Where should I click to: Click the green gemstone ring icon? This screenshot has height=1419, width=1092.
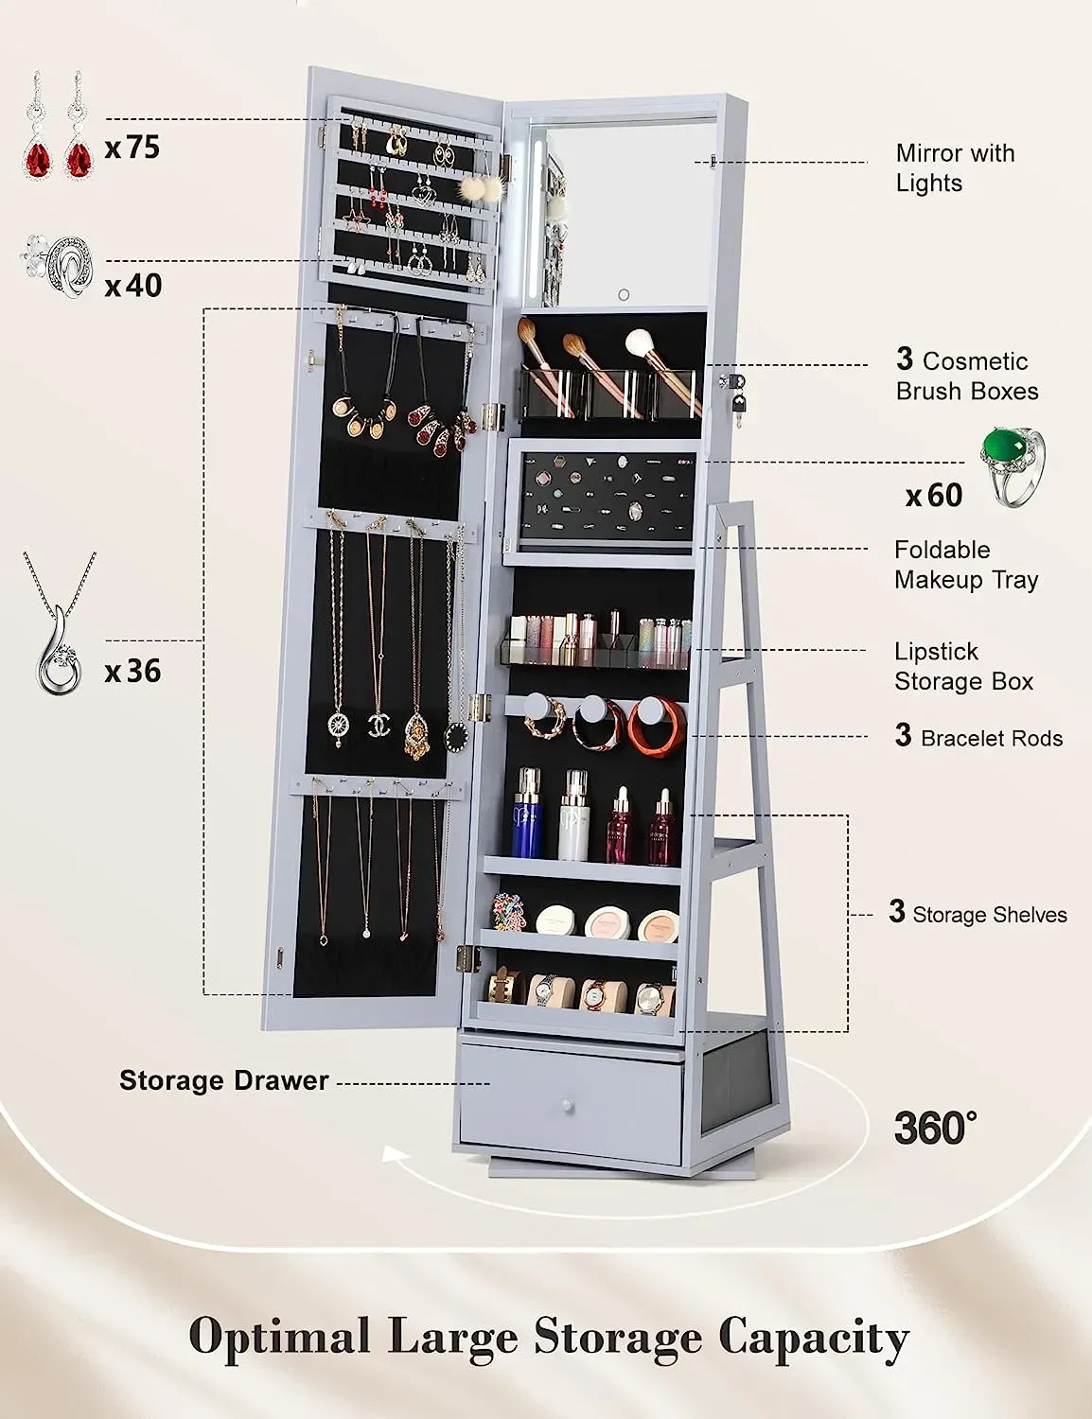click(1012, 466)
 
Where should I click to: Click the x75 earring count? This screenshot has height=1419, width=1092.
click(132, 148)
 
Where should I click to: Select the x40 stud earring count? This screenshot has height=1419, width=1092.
click(133, 286)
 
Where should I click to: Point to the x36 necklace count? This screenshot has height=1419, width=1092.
click(132, 672)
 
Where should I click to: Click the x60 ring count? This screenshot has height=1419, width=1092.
click(934, 496)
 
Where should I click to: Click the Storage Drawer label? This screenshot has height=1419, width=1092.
click(223, 1080)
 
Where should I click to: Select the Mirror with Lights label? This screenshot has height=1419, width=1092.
click(955, 168)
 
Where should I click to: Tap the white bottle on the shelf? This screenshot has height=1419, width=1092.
click(574, 815)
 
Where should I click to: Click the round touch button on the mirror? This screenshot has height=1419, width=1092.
click(624, 295)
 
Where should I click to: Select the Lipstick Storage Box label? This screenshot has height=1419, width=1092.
click(963, 667)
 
